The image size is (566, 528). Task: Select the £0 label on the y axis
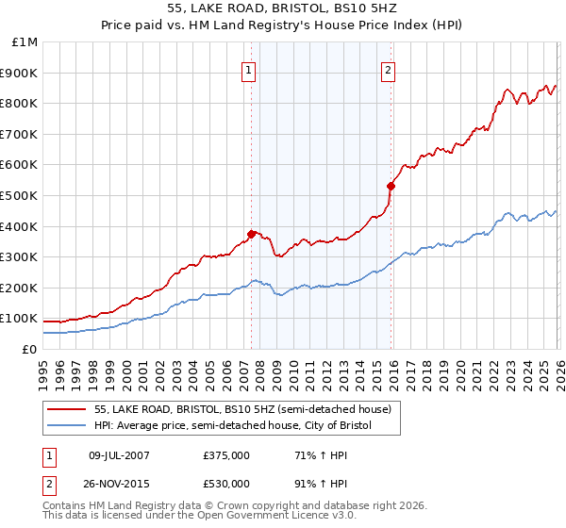click(x=29, y=349)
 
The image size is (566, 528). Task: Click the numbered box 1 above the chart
click(x=248, y=69)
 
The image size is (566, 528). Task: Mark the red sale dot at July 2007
click(x=251, y=234)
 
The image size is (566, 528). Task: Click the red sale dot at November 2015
click(x=391, y=186)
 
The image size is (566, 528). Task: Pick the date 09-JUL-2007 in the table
click(x=117, y=454)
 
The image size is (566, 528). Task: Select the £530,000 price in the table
click(x=227, y=484)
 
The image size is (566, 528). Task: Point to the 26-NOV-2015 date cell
click(x=117, y=484)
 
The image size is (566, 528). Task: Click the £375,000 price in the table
click(x=227, y=454)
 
